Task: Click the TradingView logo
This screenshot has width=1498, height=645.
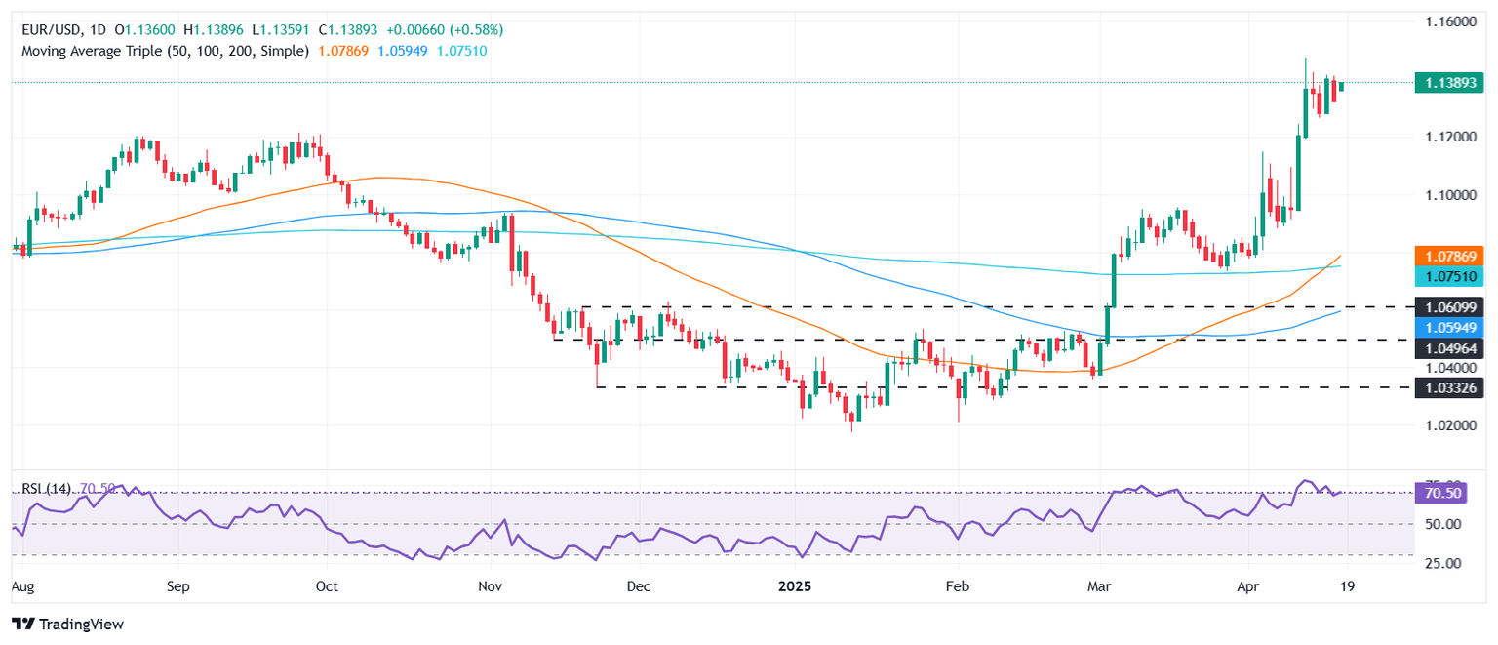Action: pos(67,624)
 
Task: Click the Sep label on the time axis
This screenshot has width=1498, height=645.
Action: pos(177,587)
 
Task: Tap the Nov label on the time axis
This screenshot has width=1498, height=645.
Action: pos(491,587)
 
